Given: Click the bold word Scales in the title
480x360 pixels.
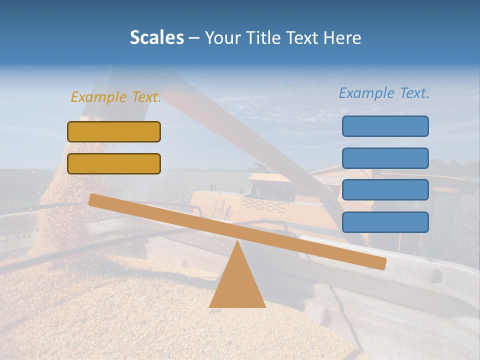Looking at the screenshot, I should click(156, 37).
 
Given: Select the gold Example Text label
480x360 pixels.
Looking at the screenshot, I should click(116, 97).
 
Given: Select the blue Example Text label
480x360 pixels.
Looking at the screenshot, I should click(384, 93).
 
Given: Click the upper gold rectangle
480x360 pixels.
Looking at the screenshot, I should click(114, 131).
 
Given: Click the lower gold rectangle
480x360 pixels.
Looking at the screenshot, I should click(114, 163).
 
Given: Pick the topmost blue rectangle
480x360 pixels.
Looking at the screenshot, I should click(385, 126).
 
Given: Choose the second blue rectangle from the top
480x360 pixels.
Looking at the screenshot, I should click(385, 158).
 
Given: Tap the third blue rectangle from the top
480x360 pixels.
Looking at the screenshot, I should click(385, 190).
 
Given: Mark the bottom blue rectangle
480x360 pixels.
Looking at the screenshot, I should click(385, 222).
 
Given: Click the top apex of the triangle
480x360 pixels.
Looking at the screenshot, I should click(237, 242).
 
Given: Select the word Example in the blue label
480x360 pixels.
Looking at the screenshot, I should click(366, 93).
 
